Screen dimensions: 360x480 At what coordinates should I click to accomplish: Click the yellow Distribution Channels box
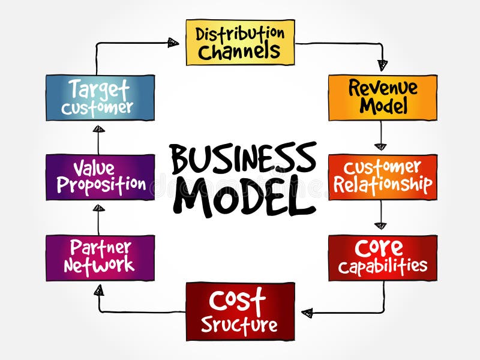pyautogui.click(x=240, y=42)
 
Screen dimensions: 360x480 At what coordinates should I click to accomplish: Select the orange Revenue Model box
pyautogui.click(x=382, y=97)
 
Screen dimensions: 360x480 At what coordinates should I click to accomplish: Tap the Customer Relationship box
pyautogui.click(x=382, y=177)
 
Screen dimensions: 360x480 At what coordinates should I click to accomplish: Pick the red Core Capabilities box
pyautogui.click(x=382, y=257)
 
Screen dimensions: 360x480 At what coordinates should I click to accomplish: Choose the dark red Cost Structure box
pyautogui.click(x=240, y=311)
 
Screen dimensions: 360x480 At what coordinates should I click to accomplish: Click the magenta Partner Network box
pyautogui.click(x=100, y=257)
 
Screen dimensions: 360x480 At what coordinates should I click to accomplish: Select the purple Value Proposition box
pyautogui.click(x=100, y=177)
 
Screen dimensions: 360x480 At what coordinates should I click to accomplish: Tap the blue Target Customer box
pyautogui.click(x=100, y=97)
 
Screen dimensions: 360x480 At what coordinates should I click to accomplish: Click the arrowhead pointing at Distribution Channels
pyautogui.click(x=173, y=42)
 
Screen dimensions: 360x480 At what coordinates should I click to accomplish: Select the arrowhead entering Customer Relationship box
pyautogui.click(x=380, y=146)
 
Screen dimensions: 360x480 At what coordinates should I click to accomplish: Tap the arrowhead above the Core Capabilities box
pyautogui.click(x=380, y=226)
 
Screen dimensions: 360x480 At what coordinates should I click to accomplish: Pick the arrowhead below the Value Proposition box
pyautogui.click(x=99, y=208)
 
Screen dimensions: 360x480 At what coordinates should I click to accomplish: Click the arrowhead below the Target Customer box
pyautogui.click(x=99, y=128)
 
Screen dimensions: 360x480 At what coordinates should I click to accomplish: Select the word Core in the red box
pyautogui.click(x=379, y=247)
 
